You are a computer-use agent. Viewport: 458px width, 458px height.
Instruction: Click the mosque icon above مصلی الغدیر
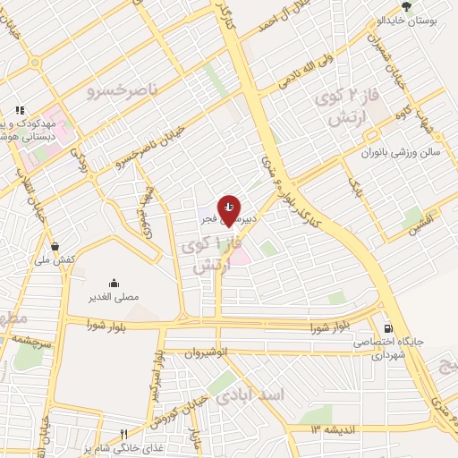pos(114,282)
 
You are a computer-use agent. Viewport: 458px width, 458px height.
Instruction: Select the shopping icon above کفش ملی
pos(55,246)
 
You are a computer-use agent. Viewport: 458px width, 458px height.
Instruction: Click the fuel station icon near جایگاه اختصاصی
pos(387,328)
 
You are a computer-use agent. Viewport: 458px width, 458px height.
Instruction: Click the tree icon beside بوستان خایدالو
pos(408,5)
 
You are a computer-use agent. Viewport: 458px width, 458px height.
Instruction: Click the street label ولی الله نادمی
pos(314,68)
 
